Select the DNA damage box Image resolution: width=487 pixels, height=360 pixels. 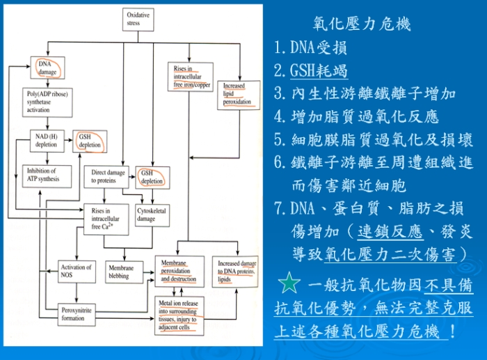coord(48,68)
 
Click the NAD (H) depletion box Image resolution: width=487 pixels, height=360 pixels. coord(47,140)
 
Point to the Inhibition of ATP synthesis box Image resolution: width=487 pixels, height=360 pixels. coord(47,175)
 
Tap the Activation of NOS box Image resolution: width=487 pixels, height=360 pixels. coord(76,271)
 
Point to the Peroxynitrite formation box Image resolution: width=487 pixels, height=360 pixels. coord(76,309)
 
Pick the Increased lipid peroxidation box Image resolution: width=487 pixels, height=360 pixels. coord(239,95)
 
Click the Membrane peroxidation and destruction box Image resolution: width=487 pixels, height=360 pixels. coord(179,271)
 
